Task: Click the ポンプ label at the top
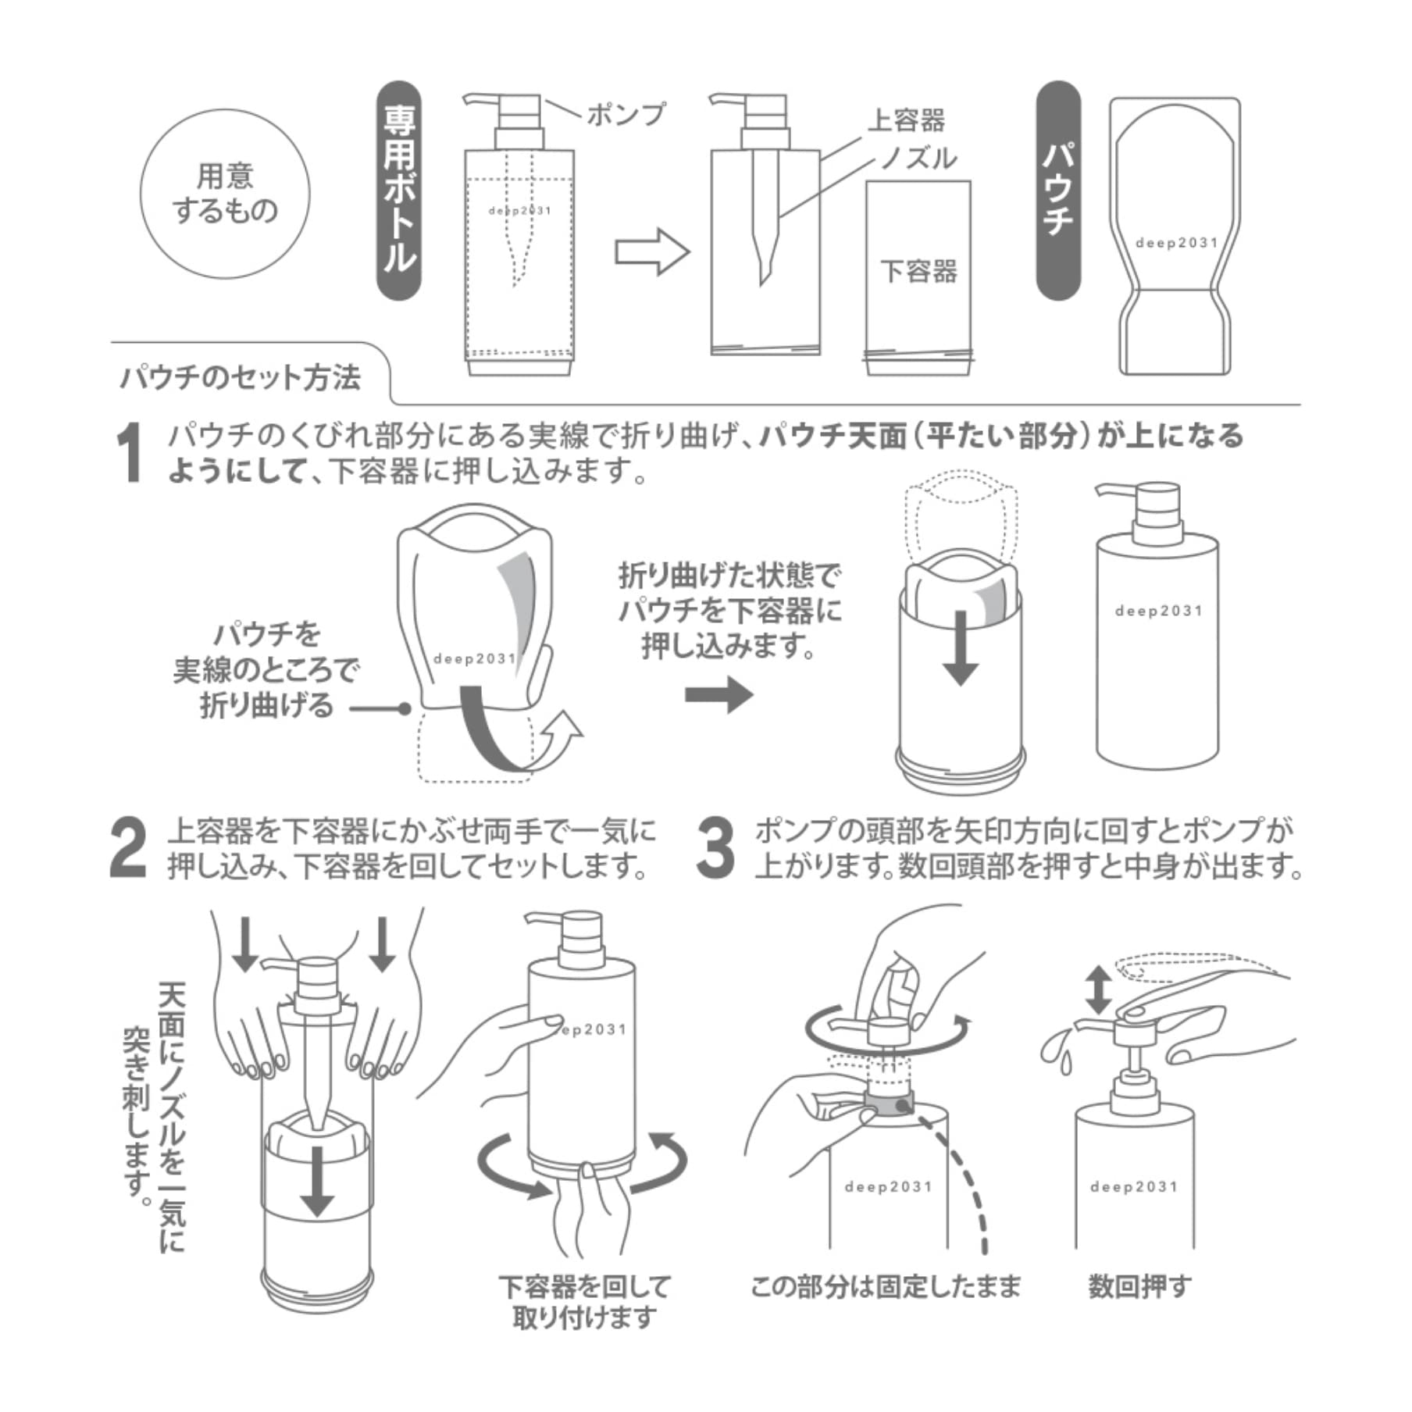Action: pos(626,115)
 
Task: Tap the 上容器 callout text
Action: pos(906,120)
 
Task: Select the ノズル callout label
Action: pos(918,159)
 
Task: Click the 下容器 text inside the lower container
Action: pos(918,272)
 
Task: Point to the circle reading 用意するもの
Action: pos(225,193)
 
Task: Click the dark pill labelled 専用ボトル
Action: pos(399,191)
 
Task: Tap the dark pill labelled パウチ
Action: pos(1057,191)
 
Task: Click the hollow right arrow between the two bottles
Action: pos(651,251)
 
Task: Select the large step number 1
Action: pos(130,453)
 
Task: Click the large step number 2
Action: pos(130,849)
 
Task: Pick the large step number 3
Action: pos(715,849)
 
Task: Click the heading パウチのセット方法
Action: pos(241,378)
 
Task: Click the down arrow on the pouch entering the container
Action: pos(961,647)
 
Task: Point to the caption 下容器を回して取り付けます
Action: pos(584,1302)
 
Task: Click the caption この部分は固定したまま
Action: pos(885,1286)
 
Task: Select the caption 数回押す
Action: pos(1139,1286)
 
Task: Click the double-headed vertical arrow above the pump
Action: pos(1098,989)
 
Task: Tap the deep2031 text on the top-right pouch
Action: pos(1176,243)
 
